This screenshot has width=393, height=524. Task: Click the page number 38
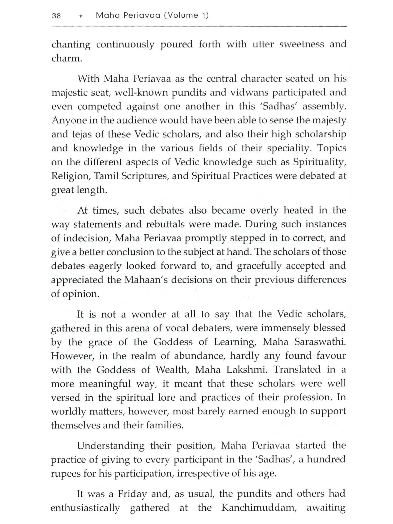click(56, 16)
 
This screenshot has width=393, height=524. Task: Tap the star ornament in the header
click(81, 16)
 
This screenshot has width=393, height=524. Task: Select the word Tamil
click(106, 176)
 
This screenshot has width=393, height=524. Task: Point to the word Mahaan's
click(146, 280)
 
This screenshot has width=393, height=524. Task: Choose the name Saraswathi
click(320, 342)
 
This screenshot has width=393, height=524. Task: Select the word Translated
click(297, 370)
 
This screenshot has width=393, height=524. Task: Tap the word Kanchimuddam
click(259, 508)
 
